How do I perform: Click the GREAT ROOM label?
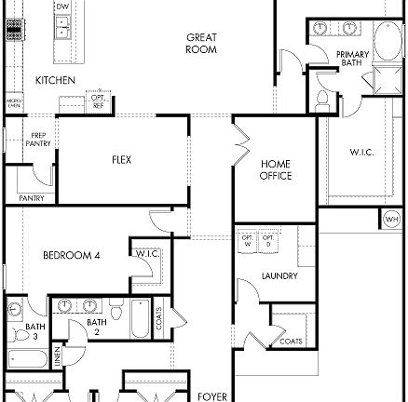pos(201,44)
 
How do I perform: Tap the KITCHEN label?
pos(55,80)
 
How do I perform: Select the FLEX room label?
pos(121,160)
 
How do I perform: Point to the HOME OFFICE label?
pos(276,169)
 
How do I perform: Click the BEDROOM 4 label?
pos(71,255)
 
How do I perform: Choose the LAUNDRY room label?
pos(279,275)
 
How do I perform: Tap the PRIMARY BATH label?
pos(352,60)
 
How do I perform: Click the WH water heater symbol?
pos(391,220)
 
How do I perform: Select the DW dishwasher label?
pos(62,7)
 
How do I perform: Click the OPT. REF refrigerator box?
pos(97,99)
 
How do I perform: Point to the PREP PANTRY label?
pos(38,140)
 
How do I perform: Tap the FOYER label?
pos(212,395)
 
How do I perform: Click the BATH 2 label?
pos(97,326)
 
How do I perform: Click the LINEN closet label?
pos(58,355)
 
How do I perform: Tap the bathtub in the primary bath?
pos(386,42)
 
